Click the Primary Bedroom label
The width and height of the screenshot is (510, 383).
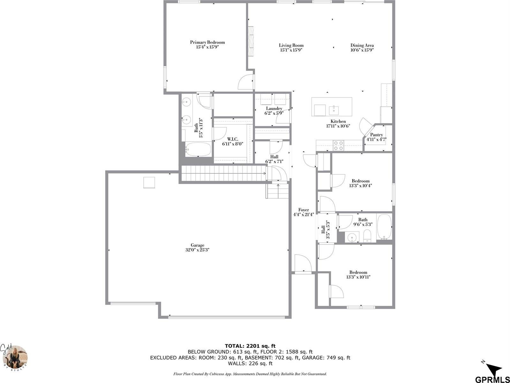point(207,42)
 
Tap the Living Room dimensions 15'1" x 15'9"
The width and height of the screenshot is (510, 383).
point(291,50)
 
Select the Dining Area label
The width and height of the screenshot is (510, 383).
point(362,45)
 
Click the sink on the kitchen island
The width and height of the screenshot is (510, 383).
point(334,110)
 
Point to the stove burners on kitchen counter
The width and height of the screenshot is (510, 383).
point(338,145)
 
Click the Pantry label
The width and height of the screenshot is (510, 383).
point(376,135)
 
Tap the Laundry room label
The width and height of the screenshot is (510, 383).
point(274,109)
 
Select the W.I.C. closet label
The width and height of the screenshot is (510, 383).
point(233,139)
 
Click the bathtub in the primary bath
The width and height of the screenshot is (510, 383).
point(198,149)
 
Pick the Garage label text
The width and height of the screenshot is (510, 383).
point(198,245)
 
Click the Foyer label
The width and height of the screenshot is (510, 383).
point(304,210)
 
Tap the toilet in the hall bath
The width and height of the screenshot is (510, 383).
point(367,236)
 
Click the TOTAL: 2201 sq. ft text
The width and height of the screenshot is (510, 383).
point(250,346)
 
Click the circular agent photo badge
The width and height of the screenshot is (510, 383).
point(18,357)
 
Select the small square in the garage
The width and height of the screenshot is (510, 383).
point(149,183)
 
